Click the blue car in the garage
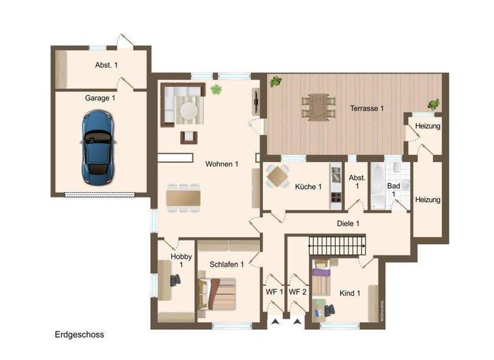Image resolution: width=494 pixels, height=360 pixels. coord(98,146)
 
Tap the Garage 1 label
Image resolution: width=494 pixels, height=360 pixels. coord(100,98)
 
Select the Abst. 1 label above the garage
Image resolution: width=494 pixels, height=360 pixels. coord(106,65)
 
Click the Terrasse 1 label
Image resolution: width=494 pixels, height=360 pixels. coord(367,109)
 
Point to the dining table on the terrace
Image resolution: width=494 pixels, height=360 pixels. coord(319,107)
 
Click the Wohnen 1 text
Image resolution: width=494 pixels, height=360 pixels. coord(222,164)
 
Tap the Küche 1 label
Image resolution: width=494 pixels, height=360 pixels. coord(308,187)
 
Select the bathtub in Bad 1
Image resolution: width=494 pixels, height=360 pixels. coord(377,184)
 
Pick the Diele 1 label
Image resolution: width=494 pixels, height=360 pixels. coord(348,224)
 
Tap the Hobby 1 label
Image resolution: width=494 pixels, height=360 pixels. coord(181,260)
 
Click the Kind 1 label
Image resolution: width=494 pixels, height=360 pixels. coord(350,293)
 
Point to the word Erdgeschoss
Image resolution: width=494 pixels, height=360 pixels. coord(79,335)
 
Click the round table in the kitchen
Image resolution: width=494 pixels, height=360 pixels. coord(278,175)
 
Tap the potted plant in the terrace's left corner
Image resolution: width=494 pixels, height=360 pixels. coord(276,82)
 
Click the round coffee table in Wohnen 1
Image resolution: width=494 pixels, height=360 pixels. coord(190,111)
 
